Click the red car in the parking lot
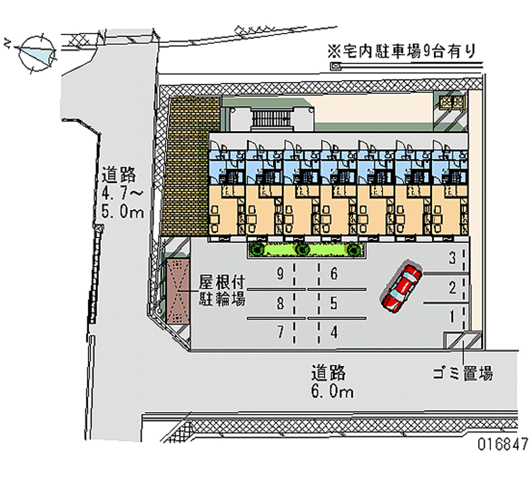tap(401, 288)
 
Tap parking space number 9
tap(282, 273)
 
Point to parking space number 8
tap(282, 304)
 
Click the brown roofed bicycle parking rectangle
tap(177, 290)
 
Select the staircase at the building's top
tap(272, 119)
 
